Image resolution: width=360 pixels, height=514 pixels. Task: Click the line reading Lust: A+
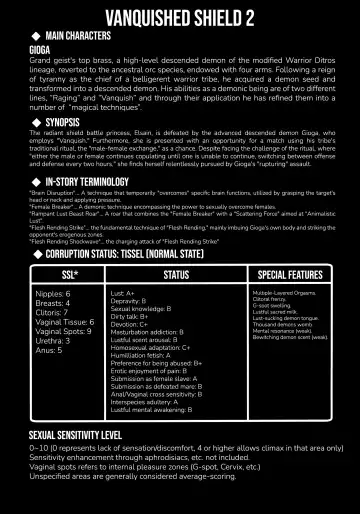point(124,292)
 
